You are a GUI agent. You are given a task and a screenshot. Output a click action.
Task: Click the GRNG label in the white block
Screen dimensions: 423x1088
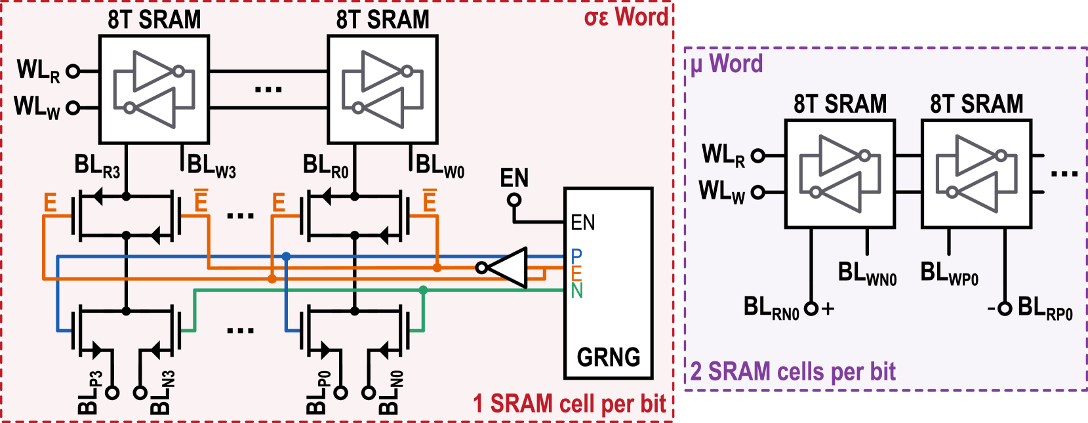click(608, 357)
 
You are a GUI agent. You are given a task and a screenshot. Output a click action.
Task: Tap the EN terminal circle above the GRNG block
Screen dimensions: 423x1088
click(514, 199)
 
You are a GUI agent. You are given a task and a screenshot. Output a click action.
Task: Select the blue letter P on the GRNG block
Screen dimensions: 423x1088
click(576, 256)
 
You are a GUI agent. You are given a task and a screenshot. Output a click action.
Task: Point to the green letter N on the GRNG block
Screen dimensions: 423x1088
click(576, 291)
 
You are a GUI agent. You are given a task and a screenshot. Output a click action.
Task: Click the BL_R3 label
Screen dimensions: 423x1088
click(97, 166)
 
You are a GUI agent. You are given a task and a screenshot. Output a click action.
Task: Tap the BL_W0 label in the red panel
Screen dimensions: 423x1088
click(440, 166)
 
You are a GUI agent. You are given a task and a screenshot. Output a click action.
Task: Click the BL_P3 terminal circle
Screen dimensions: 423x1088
click(112, 393)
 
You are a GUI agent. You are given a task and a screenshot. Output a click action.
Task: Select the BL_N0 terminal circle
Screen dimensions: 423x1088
click(369, 393)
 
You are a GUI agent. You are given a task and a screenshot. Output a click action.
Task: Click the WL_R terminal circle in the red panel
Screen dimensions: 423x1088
click(73, 71)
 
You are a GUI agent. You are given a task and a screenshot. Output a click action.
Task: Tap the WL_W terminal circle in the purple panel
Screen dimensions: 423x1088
click(757, 192)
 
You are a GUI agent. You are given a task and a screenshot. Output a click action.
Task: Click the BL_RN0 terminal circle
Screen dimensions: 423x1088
click(811, 308)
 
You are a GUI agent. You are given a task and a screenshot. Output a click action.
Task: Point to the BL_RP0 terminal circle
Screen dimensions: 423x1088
click(1004, 308)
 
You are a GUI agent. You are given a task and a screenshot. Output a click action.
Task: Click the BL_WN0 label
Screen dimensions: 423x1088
click(867, 273)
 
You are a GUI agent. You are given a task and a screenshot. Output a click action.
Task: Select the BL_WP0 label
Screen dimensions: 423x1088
click(949, 273)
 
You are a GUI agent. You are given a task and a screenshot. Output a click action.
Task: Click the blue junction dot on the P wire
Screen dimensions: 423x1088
click(286, 256)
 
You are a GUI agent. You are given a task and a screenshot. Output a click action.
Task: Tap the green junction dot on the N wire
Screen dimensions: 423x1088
click(423, 290)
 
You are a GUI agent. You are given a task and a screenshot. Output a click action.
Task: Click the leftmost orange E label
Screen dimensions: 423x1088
click(50, 203)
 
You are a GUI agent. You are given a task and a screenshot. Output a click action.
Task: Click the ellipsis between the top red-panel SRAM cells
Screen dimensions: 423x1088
click(268, 90)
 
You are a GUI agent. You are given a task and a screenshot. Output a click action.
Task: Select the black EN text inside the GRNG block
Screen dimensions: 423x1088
click(582, 223)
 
